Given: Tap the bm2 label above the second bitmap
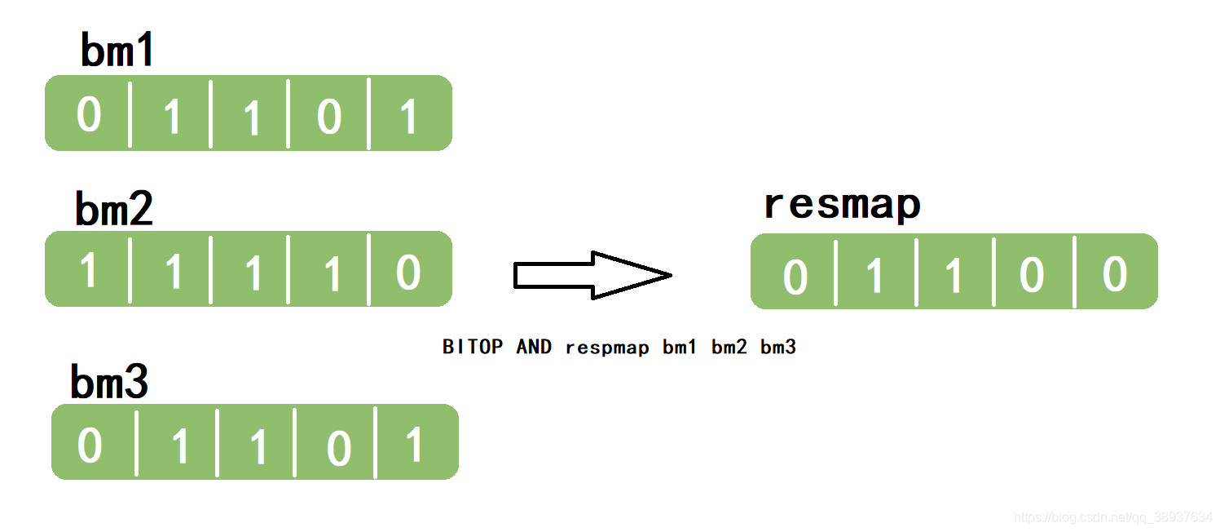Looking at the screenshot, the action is pyautogui.click(x=114, y=209).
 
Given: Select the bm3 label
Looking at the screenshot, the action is pyautogui.click(x=109, y=381).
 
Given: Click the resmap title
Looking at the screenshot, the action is pyautogui.click(x=842, y=205).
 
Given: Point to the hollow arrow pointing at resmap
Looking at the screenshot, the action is pyautogui.click(x=592, y=275).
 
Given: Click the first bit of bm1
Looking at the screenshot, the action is pyautogui.click(x=89, y=114).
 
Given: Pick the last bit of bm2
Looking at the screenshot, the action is pyautogui.click(x=408, y=272).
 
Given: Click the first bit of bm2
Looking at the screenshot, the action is pyautogui.click(x=89, y=271).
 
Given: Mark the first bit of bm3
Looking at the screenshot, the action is pyautogui.click(x=90, y=446).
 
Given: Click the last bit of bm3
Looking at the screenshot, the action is pyautogui.click(x=415, y=446).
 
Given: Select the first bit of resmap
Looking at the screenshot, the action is pyautogui.click(x=795, y=277).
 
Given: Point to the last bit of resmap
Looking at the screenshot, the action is pyautogui.click(x=1114, y=274).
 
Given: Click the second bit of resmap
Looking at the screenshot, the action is pyautogui.click(x=874, y=277).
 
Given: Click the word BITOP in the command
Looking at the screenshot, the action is pyautogui.click(x=473, y=347).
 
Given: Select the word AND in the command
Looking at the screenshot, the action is pyautogui.click(x=534, y=347).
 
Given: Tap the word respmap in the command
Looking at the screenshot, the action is pyautogui.click(x=607, y=348).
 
